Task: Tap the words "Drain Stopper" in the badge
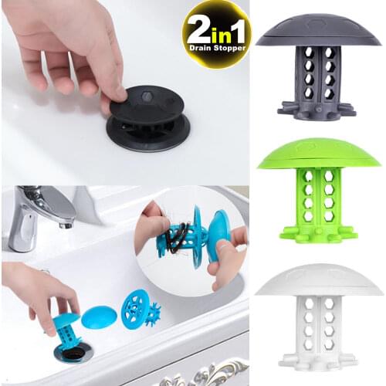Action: point(215,48)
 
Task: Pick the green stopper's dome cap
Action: point(318,153)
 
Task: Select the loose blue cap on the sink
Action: point(99,317)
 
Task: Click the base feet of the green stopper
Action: point(318,230)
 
